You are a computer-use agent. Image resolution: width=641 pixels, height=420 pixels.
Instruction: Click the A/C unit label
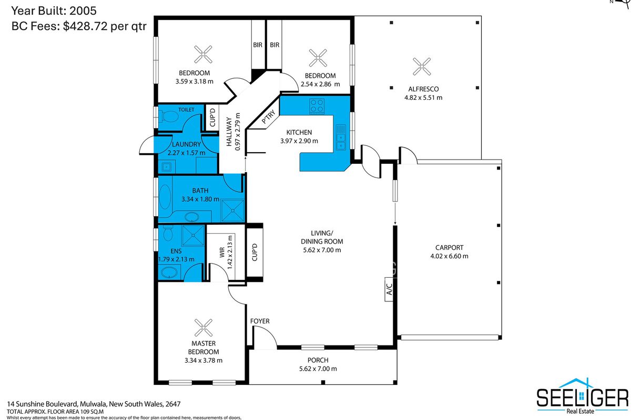tap(389, 289)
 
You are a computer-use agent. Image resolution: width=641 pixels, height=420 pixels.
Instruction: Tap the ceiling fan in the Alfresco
tap(422, 67)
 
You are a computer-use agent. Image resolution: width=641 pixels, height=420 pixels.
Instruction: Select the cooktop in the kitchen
tap(317, 106)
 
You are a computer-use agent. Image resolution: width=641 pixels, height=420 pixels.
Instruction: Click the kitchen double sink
tap(341, 137)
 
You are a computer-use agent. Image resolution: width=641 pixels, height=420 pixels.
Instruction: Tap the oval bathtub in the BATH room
tap(165, 197)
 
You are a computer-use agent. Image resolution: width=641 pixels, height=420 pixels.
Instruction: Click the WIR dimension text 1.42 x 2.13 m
tap(230, 252)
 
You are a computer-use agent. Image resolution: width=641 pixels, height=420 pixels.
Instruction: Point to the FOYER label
tap(260, 321)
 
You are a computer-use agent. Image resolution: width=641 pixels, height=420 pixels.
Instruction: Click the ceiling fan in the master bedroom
tap(204, 328)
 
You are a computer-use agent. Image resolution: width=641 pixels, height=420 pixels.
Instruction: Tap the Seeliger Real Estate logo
tap(582, 396)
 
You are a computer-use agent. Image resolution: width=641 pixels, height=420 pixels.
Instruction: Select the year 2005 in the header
tap(83, 11)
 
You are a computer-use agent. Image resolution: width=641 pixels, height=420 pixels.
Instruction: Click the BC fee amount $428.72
tap(85, 26)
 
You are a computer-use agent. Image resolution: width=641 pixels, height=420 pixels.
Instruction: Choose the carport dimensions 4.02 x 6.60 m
tap(449, 256)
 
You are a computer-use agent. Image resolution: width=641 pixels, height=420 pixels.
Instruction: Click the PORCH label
tap(318, 360)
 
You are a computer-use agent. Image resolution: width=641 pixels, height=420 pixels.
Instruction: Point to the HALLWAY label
tap(229, 131)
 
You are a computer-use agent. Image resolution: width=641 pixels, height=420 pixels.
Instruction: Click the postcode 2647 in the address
tap(173, 404)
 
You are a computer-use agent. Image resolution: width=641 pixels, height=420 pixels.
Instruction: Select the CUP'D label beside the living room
tap(255, 253)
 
